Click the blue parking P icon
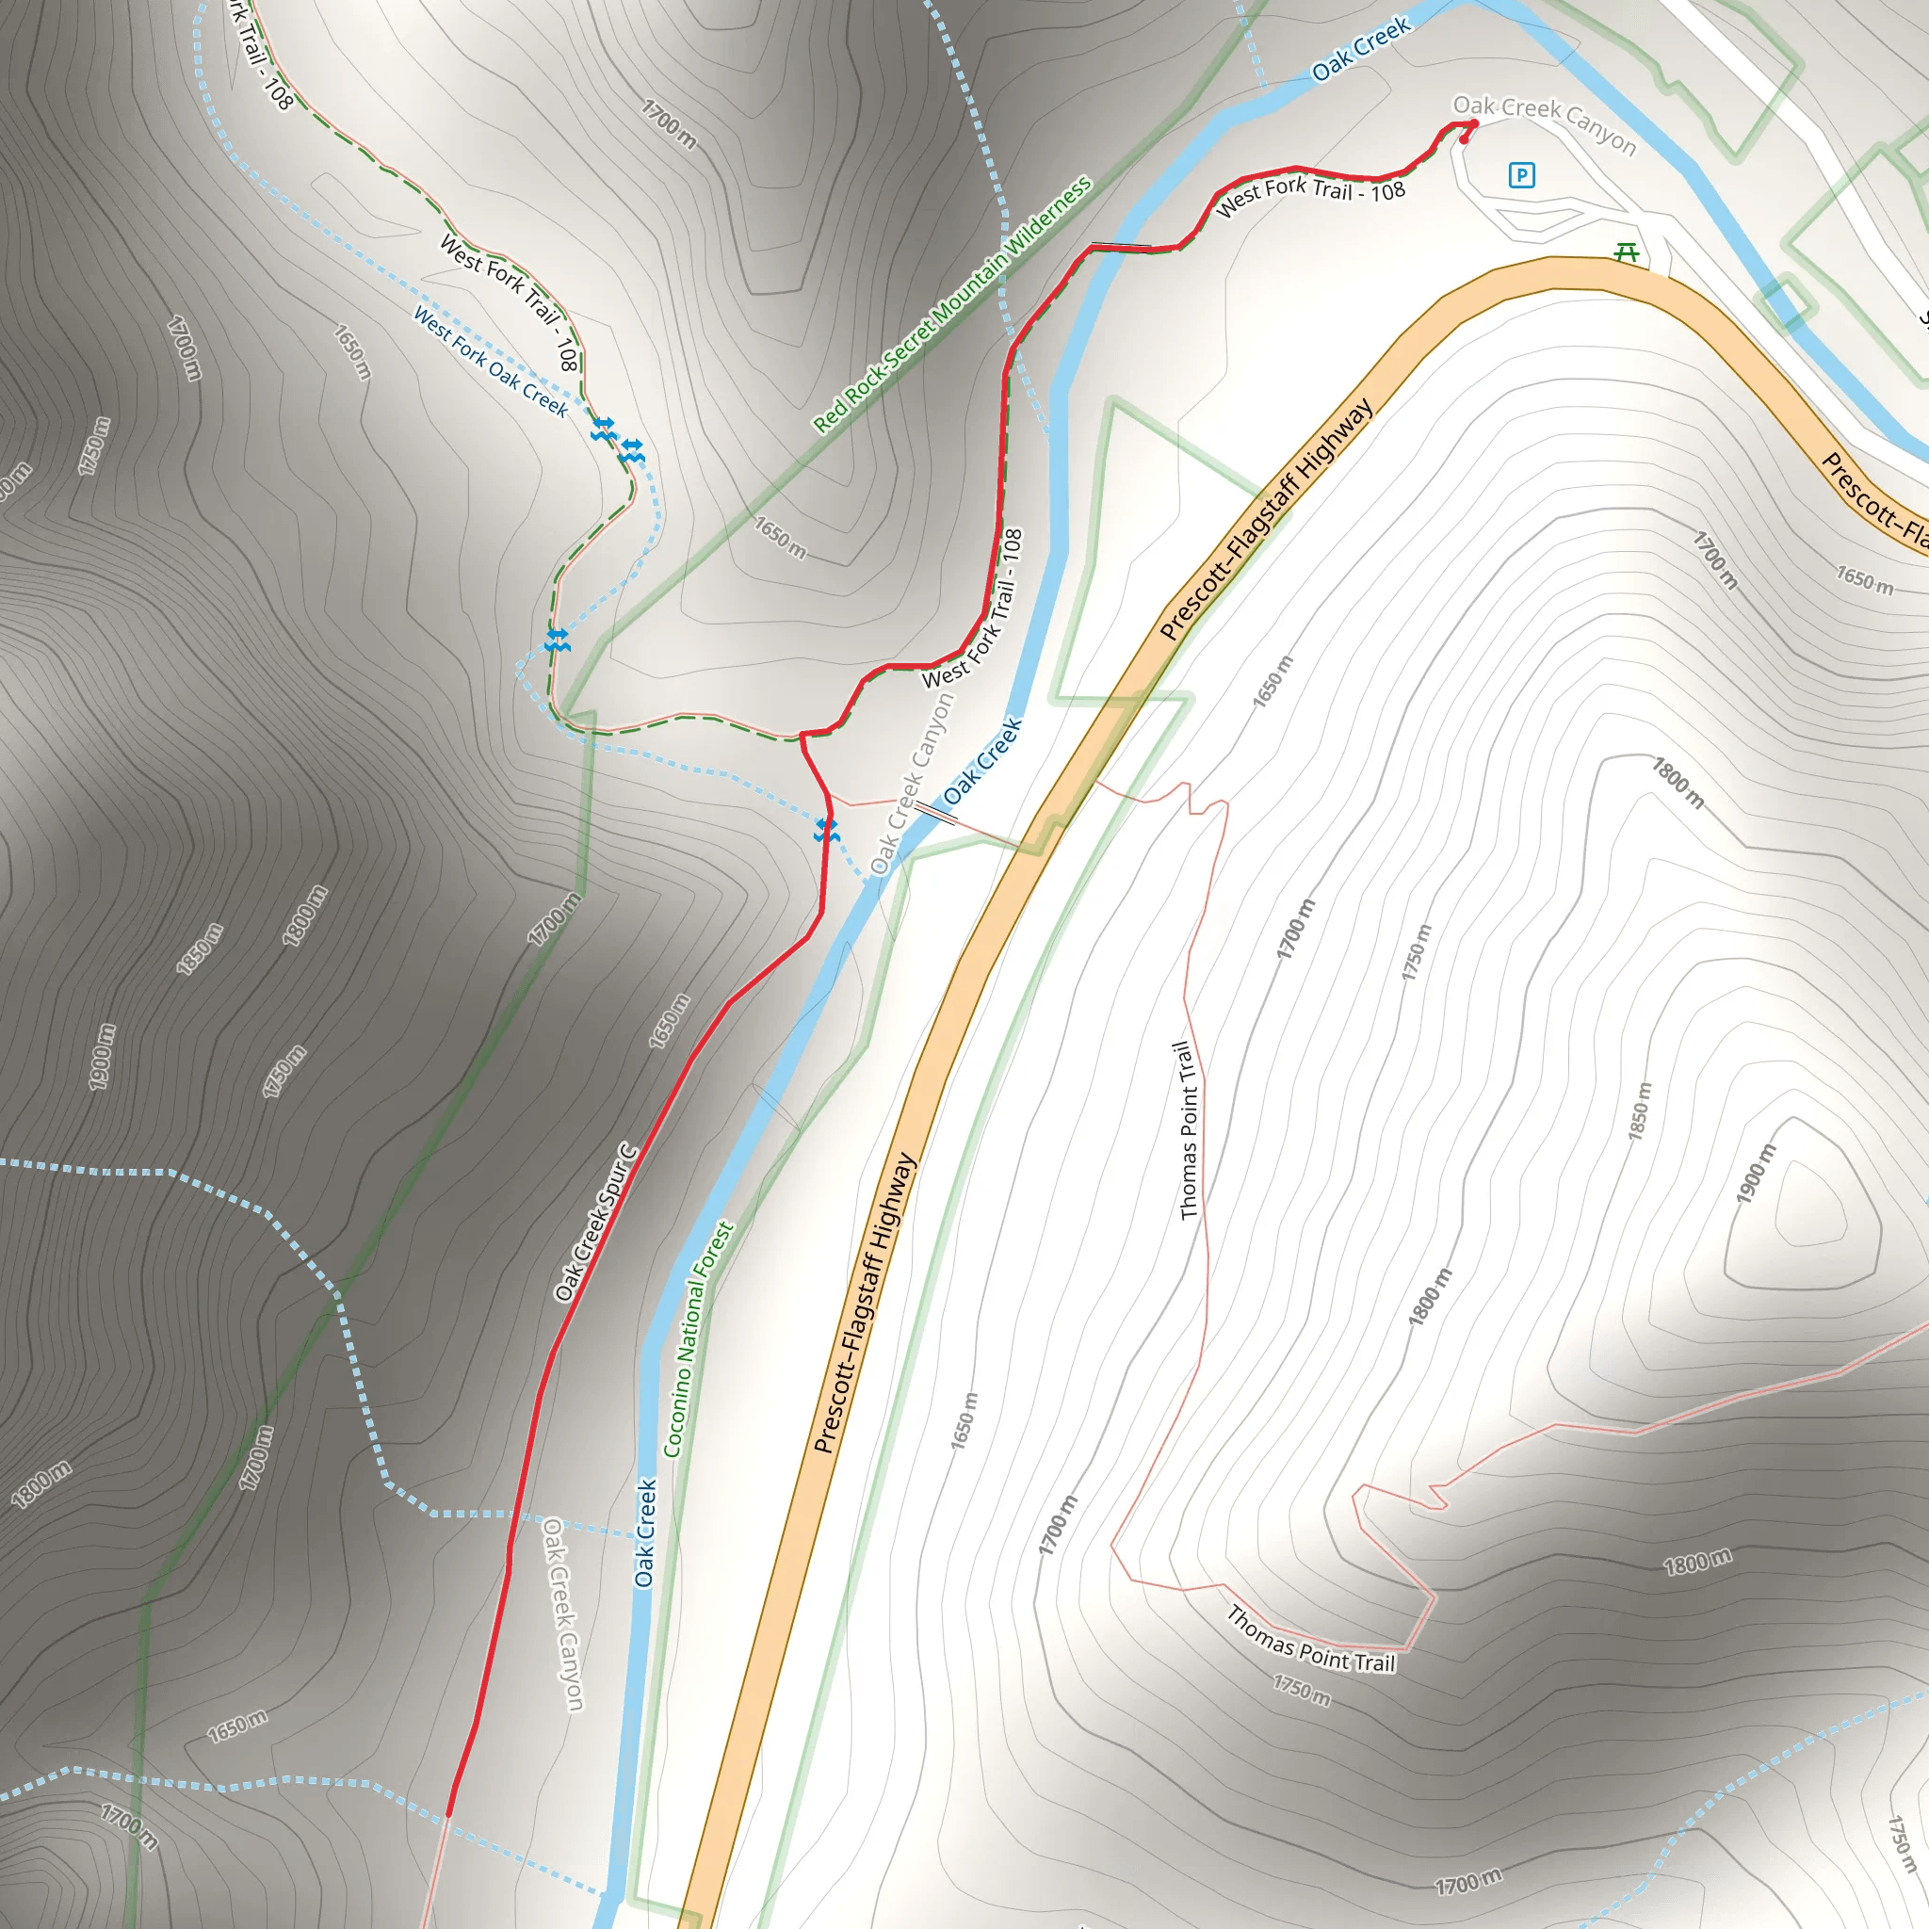(1520, 176)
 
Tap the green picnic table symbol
(1627, 252)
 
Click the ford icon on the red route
(826, 830)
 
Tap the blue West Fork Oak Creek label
(490, 362)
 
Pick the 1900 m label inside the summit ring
(1757, 1174)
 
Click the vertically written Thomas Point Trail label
(1187, 1130)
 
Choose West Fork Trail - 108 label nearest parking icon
(1310, 195)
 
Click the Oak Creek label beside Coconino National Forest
(646, 1532)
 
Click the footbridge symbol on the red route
(1120, 245)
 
